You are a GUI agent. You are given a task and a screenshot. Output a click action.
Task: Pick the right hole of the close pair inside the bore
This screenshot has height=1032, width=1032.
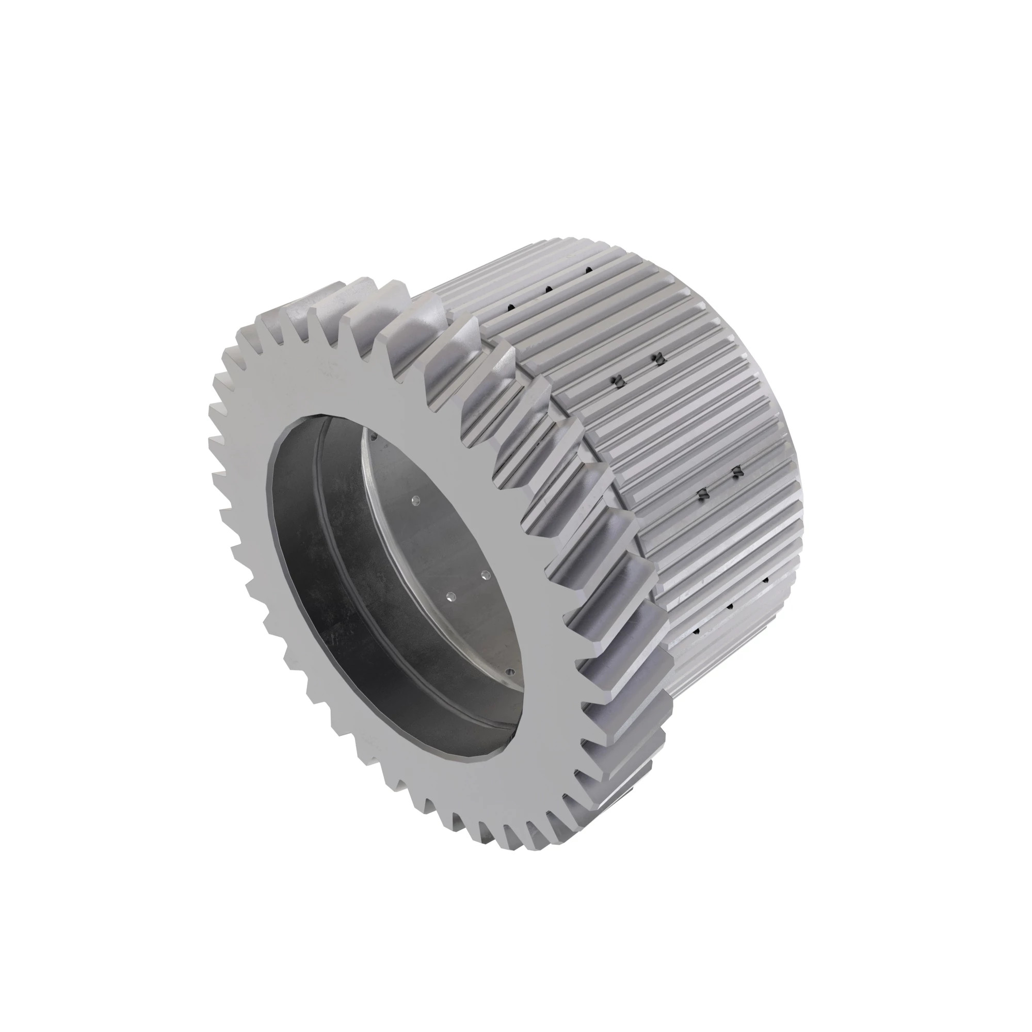click(486, 575)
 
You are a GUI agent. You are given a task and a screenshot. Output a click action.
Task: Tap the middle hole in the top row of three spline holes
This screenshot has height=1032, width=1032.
click(547, 289)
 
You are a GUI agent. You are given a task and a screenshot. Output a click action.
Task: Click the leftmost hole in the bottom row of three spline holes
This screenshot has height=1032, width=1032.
click(696, 632)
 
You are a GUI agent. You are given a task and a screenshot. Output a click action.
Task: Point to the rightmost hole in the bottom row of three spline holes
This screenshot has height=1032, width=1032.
click(765, 579)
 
